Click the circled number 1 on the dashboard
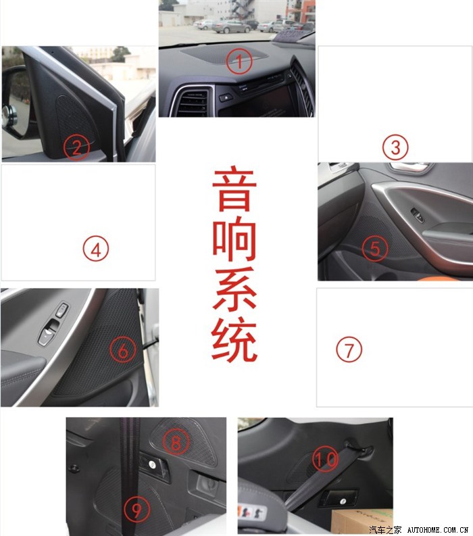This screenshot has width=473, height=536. pyautogui.click(x=239, y=62)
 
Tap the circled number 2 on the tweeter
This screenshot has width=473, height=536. pyautogui.click(x=76, y=147)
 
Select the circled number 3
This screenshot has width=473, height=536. pyautogui.click(x=395, y=147)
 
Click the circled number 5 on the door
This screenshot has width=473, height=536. pyautogui.click(x=375, y=249)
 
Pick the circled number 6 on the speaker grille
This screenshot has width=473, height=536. pyautogui.click(x=123, y=350)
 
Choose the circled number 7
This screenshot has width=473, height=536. pyautogui.click(x=349, y=349)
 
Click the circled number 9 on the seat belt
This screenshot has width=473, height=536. pyautogui.click(x=137, y=510)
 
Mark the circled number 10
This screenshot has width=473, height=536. pyautogui.click(x=325, y=459)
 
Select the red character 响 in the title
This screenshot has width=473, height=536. pyautogui.click(x=234, y=239)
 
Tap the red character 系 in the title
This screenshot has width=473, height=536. pyautogui.click(x=234, y=289)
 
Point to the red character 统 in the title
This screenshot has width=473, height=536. pyautogui.click(x=234, y=339)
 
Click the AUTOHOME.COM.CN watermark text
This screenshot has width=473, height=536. pyautogui.click(x=438, y=530)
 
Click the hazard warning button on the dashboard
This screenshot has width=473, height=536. pyautogui.click(x=226, y=97)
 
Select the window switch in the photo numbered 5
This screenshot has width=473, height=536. pyautogui.click(x=418, y=215)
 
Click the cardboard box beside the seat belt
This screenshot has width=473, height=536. pyautogui.click(x=362, y=521)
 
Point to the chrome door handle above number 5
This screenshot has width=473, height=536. pyautogui.click(x=410, y=168)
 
